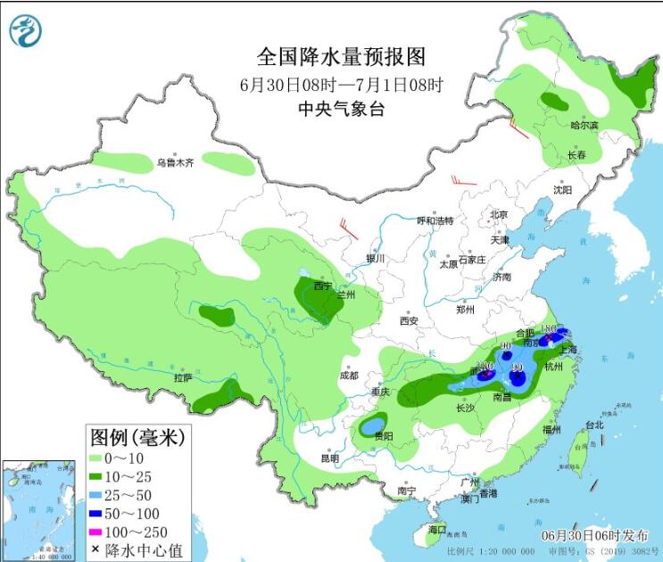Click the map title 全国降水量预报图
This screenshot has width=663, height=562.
pyautogui.click(x=341, y=57)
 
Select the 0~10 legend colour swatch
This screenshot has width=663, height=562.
pyautogui.click(x=95, y=458)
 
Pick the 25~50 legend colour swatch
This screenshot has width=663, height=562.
pyautogui.click(x=95, y=494)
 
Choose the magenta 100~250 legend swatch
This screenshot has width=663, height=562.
pyautogui.click(x=95, y=531)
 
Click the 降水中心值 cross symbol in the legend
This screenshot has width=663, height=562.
pyautogui.click(x=95, y=549)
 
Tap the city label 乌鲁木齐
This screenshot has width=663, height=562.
pyautogui.click(x=175, y=163)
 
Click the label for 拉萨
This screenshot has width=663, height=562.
pyautogui.click(x=183, y=377)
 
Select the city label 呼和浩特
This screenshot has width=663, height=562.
pyautogui.click(x=435, y=220)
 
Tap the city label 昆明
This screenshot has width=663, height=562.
pyautogui.click(x=329, y=459)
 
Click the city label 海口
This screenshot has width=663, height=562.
pyautogui.click(x=435, y=530)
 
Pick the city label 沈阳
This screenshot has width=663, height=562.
pyautogui.click(x=561, y=189)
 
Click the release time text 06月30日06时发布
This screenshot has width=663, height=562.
pyautogui.click(x=595, y=535)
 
